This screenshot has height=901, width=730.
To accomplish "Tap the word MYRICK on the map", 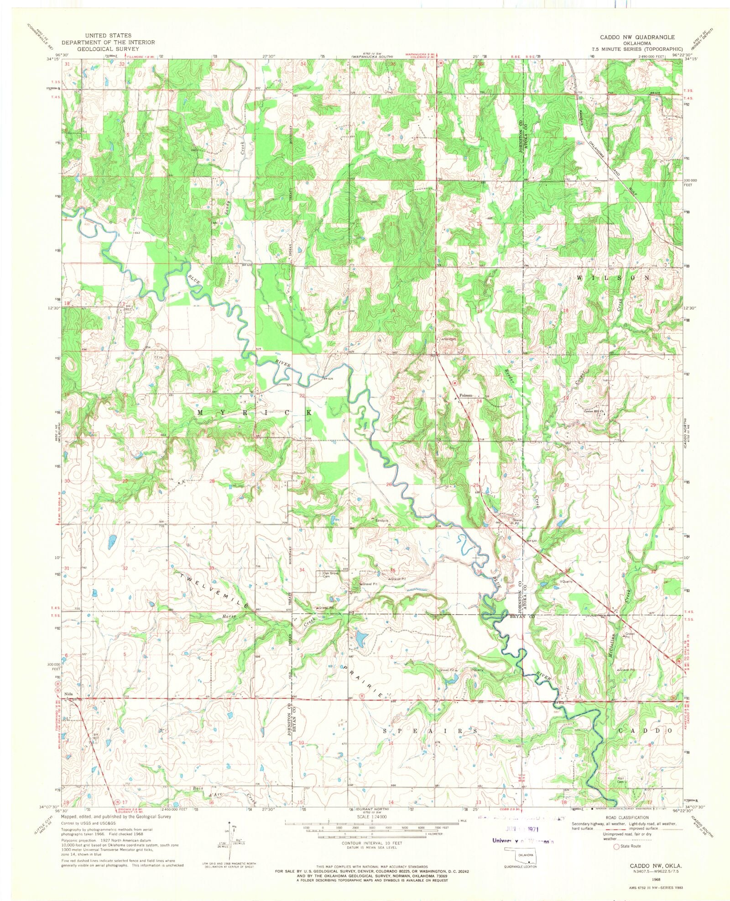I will (254, 412).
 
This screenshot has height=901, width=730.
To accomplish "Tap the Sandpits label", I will (381, 520).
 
